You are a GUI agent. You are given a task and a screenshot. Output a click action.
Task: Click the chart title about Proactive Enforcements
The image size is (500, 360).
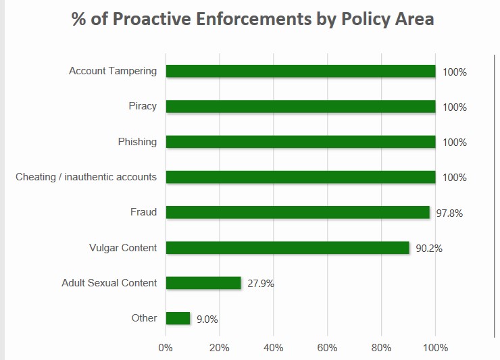[253, 19]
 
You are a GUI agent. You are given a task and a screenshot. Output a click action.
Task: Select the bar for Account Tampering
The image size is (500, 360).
[301, 71]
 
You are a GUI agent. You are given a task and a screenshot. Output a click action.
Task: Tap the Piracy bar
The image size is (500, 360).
[301, 106]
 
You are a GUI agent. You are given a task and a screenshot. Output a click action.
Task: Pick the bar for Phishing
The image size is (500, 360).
[301, 142]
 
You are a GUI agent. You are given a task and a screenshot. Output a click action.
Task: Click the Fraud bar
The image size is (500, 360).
[297, 212]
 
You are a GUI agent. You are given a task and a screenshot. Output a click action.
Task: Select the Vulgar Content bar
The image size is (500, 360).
[287, 248]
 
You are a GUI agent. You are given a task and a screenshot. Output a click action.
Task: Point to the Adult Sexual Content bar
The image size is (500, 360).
[203, 283]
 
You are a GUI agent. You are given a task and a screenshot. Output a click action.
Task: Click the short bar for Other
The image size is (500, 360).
[178, 318]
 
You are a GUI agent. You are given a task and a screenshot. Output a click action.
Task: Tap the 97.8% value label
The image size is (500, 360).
[449, 213]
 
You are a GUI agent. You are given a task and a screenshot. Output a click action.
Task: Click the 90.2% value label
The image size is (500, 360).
[429, 249]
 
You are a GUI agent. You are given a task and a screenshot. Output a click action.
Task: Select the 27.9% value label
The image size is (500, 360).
[261, 284]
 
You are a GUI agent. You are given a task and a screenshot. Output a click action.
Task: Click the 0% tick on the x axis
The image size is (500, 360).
[166, 348]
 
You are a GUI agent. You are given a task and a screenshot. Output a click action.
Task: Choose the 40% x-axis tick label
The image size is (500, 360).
[273, 348]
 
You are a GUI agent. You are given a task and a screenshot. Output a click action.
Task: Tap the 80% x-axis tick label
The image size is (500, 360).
[381, 348]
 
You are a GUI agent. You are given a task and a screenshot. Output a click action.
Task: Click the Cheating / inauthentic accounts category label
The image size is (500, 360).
[86, 177]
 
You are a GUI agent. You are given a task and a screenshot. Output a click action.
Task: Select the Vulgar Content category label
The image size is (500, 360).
[123, 248]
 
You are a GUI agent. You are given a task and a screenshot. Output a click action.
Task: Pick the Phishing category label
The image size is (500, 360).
[137, 142]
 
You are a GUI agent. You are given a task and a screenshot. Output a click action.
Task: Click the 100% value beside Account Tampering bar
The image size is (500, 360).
[455, 72]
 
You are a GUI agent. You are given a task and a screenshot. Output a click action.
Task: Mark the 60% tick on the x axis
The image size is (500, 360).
[327, 348]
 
